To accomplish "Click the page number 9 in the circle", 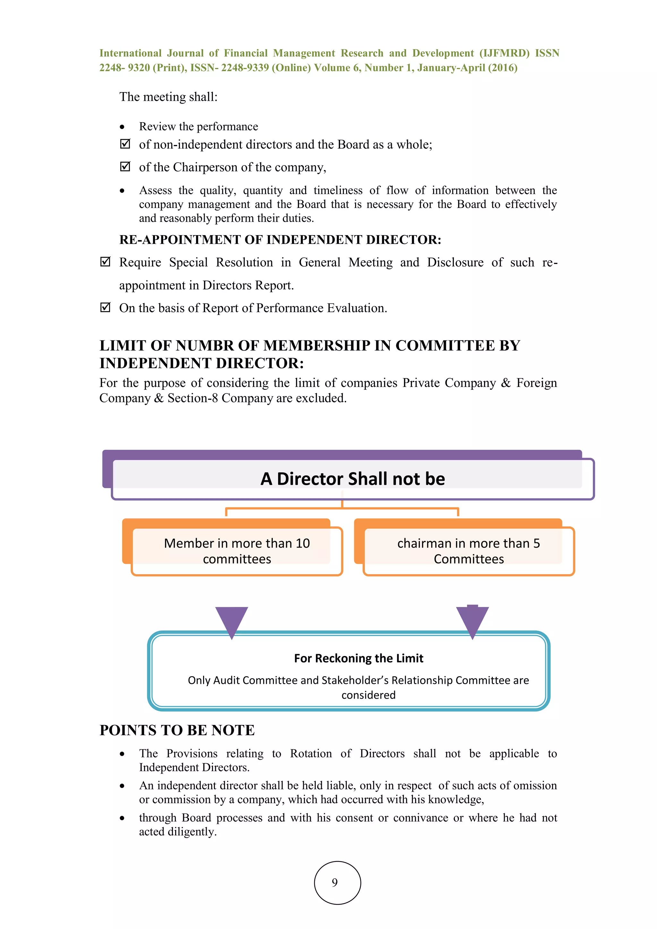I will (x=335, y=882).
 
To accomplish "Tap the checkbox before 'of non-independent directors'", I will (x=125, y=144).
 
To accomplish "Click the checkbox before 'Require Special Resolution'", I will (x=105, y=262).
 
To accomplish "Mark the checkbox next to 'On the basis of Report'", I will (x=105, y=308).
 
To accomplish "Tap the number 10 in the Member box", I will (x=302, y=543).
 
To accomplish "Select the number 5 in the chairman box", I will (x=536, y=543).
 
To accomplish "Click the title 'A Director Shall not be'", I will (x=353, y=479).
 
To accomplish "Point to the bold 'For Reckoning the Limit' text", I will (x=358, y=658).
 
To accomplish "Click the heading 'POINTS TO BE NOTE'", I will (x=177, y=730).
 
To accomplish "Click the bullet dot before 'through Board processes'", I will (x=122, y=818).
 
